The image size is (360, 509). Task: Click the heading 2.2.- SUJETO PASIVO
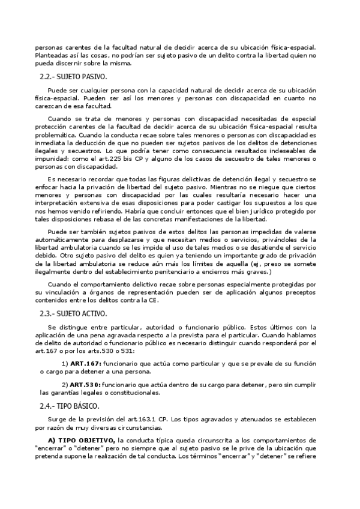coord(73,77)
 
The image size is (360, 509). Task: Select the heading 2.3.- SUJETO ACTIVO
coord(73,313)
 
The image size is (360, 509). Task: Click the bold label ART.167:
coord(85,363)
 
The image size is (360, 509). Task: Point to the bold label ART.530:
coord(85,384)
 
